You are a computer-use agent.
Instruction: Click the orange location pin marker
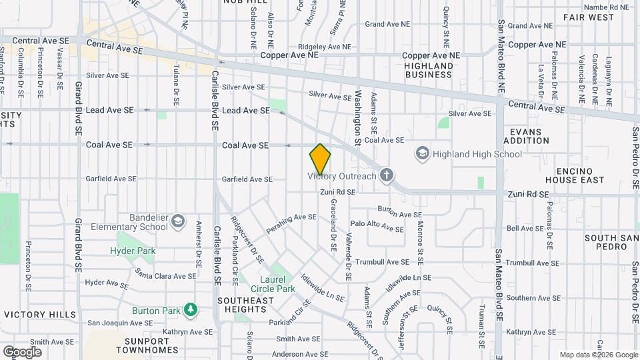pyautogui.click(x=320, y=159)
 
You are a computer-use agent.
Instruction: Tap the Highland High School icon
pyautogui.click(x=422, y=154)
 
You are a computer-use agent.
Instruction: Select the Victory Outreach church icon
pyautogui.click(x=385, y=176)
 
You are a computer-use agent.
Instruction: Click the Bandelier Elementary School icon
pyautogui.click(x=177, y=221)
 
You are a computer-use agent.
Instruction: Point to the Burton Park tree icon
pyautogui.click(x=191, y=310)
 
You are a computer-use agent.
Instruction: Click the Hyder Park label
pyautogui.click(x=133, y=251)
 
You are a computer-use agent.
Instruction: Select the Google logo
pyautogui.click(x=22, y=351)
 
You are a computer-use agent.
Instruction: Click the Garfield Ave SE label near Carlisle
pyautogui.click(x=247, y=179)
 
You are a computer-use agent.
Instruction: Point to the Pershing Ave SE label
pyautogui.click(x=292, y=217)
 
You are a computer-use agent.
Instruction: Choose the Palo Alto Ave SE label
pyautogui.click(x=377, y=227)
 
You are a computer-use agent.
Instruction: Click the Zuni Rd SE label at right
pyautogui.click(x=527, y=195)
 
